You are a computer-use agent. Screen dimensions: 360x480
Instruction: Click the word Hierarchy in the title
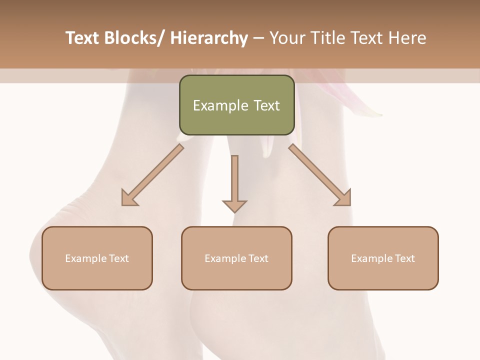(x=208, y=38)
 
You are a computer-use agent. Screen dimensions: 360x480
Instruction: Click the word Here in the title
(x=407, y=38)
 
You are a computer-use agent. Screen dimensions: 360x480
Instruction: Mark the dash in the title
(x=258, y=38)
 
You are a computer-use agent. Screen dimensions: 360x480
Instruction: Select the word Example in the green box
(x=220, y=106)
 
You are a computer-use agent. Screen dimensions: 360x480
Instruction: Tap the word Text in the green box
(x=266, y=106)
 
